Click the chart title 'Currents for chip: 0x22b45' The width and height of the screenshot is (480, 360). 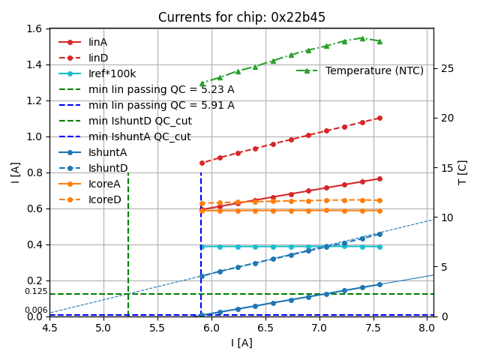241,17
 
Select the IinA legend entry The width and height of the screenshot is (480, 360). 97,42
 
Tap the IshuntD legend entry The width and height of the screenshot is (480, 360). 108,168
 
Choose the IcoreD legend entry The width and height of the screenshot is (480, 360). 105,199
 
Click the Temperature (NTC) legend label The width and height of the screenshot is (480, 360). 374,70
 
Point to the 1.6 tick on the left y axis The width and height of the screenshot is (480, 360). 36,28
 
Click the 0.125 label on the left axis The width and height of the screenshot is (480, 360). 35,292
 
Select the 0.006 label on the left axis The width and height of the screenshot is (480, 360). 35,310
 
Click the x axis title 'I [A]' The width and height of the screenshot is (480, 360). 241,343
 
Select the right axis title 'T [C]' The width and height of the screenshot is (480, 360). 463,172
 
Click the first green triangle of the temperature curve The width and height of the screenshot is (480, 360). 202,84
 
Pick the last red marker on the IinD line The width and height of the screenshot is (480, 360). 379,118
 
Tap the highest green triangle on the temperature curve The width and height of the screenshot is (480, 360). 361,37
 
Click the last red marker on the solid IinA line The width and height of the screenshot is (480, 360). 379,178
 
